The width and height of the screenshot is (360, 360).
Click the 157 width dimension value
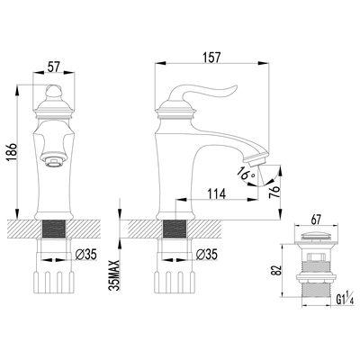pyautogui.click(x=211, y=58)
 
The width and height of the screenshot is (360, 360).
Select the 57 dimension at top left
pyautogui.click(x=54, y=67)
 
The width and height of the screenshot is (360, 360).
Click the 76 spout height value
pyautogui.click(x=275, y=190)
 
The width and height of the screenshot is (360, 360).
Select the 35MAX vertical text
pyautogui.click(x=114, y=275)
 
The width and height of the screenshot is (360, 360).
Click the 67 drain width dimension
pyautogui.click(x=316, y=220)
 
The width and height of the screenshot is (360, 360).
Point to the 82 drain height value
pyautogui.click(x=276, y=270)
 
